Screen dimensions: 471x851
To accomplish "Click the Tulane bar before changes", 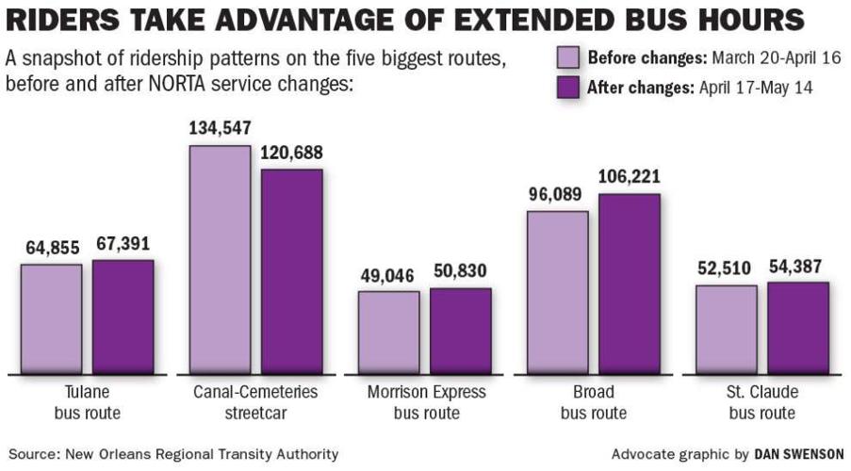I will coord(51,318).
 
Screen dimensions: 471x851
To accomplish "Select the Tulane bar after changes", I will coord(123,317).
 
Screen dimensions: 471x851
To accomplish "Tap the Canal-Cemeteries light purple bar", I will coord(221,259).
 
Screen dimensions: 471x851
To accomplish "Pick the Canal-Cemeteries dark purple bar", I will coord(292,271).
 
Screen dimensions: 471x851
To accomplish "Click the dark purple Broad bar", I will coord(630,284).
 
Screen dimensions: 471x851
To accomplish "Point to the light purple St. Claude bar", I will coord(727,329).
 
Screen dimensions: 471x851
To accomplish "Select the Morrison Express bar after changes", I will coord(461,331).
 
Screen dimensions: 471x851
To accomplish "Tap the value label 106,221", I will coord(629,176).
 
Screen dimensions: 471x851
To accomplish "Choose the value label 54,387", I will coord(797,267).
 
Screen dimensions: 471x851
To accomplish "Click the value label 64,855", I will coord(51,246).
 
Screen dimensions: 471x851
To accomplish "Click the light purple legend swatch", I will coord(566,58).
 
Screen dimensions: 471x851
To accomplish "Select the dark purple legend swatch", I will coord(566,88).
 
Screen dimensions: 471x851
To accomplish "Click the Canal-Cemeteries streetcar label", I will coord(255,402).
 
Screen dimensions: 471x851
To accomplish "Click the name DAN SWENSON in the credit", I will coord(799,453).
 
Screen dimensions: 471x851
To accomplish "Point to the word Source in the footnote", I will coord(31,453).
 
